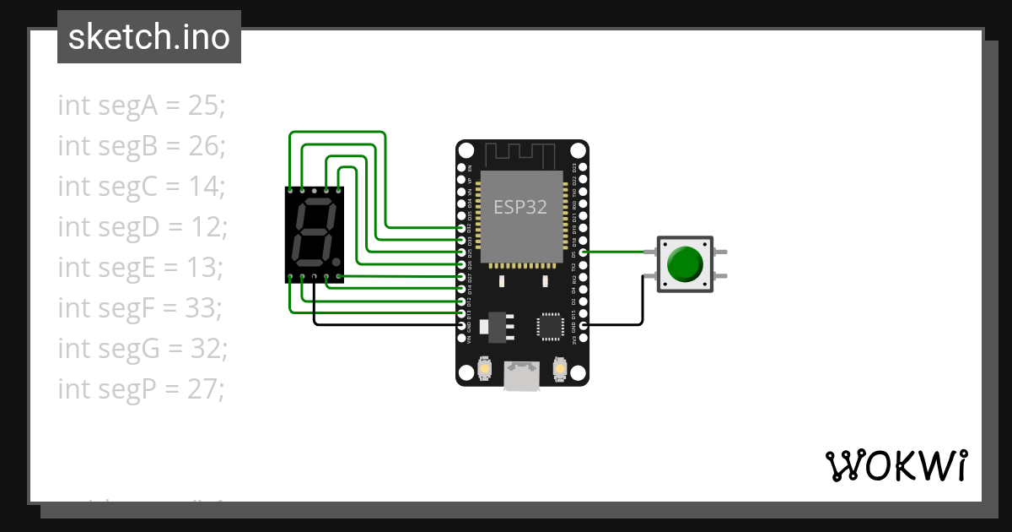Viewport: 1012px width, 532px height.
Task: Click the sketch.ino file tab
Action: click(x=149, y=37)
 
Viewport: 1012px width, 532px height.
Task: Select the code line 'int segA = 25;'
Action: click(x=142, y=106)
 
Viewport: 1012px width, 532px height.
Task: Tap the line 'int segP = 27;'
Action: click(x=142, y=389)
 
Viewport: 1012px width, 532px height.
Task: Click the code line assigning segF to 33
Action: click(x=139, y=308)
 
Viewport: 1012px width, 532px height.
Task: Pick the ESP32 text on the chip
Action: click(x=520, y=208)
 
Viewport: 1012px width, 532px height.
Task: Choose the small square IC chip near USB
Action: click(x=550, y=325)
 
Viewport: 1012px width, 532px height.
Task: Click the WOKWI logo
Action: click(x=896, y=464)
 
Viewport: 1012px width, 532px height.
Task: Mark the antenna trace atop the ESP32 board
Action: click(x=520, y=155)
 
